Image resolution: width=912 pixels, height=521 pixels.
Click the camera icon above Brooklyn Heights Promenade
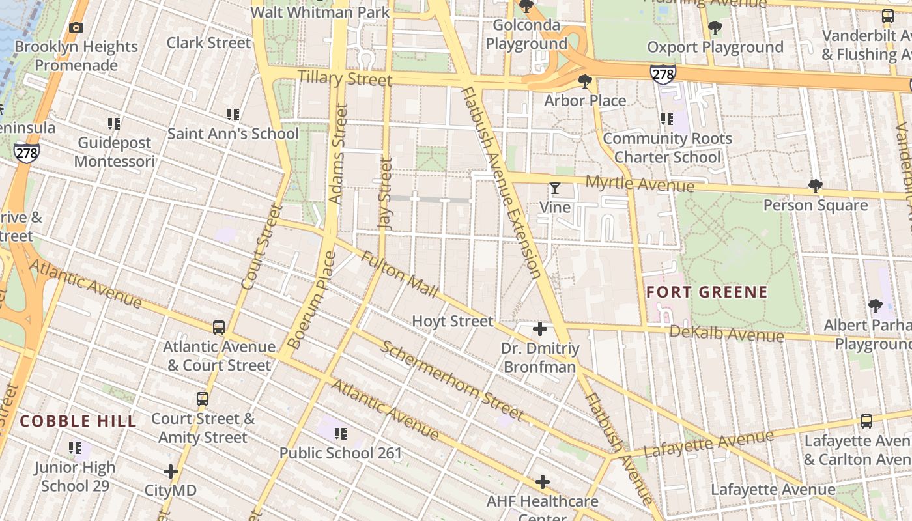(76, 27)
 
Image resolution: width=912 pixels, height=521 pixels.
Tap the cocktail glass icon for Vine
(554, 189)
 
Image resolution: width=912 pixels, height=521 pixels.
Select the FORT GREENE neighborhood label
(707, 292)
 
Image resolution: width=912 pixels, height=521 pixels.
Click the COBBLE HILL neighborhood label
(78, 421)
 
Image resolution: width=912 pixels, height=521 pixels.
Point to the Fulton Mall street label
(400, 274)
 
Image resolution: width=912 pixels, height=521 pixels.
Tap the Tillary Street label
(345, 79)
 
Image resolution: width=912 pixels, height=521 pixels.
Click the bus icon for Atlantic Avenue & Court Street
(219, 328)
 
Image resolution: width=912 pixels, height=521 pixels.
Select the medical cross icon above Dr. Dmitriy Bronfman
(540, 329)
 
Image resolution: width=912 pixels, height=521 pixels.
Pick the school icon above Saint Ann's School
(233, 115)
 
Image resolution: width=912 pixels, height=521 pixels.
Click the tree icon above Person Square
(815, 186)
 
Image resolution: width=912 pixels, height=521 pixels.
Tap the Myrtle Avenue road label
(640, 184)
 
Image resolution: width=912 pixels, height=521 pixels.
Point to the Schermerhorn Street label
(452, 380)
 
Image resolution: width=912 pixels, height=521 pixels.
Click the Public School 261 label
(341, 453)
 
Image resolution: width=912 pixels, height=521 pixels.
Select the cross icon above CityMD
(171, 471)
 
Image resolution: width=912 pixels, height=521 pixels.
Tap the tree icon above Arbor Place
(585, 81)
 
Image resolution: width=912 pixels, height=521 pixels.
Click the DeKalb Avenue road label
(726, 334)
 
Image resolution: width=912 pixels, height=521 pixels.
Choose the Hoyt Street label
(453, 321)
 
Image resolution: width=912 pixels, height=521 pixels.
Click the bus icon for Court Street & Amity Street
(203, 399)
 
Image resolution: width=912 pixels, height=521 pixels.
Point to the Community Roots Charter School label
(668, 148)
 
